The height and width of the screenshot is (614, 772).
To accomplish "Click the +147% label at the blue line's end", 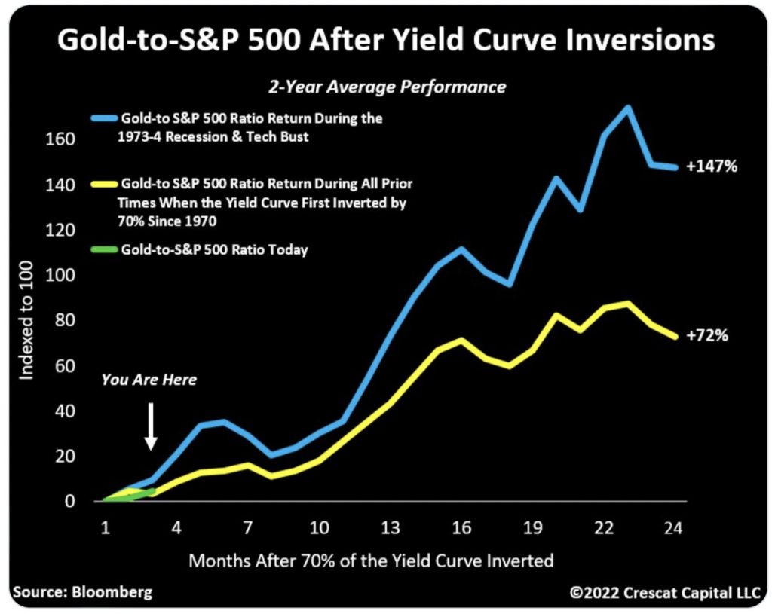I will pos(711,166).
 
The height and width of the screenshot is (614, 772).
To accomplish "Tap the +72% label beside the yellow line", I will pos(707,336).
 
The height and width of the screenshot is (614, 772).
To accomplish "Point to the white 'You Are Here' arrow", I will pos(151,426).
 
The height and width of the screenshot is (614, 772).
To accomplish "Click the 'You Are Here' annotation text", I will pos(149,380).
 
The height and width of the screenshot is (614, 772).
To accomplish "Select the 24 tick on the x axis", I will pos(673,528).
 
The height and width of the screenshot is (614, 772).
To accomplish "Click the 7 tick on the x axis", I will pos(247,528).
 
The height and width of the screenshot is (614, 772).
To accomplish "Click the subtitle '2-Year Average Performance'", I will pos(388,87).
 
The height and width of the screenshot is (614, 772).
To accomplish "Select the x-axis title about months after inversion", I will pos(371,561).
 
